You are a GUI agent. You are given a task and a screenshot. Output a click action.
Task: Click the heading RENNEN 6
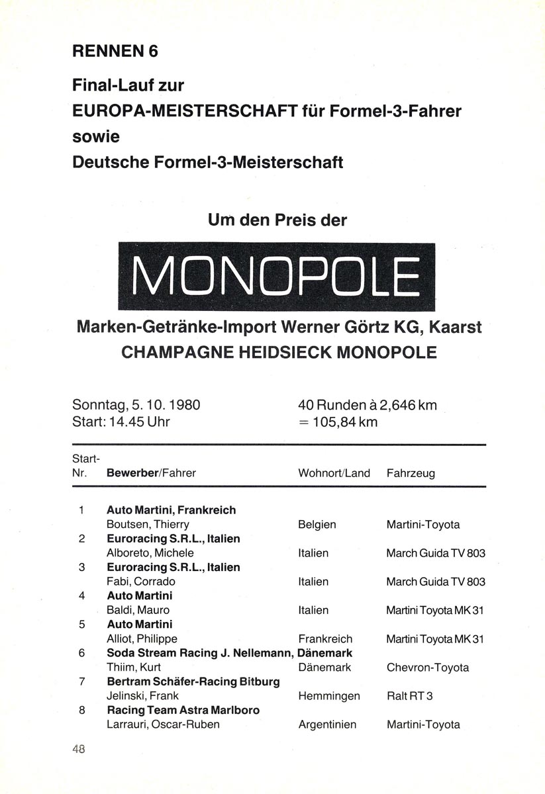(x=116, y=51)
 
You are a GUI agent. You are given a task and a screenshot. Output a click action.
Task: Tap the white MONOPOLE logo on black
(x=276, y=277)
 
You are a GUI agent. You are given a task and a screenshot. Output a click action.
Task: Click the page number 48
(x=79, y=750)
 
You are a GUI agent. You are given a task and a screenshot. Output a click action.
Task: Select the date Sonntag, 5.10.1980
(x=136, y=405)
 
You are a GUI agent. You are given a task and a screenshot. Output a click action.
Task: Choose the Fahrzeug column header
(x=411, y=474)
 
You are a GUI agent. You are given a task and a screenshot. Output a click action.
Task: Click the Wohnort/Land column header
(x=334, y=474)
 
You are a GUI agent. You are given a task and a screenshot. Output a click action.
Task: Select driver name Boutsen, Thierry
(x=148, y=525)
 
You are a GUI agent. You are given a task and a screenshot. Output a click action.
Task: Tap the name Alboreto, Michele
(x=150, y=553)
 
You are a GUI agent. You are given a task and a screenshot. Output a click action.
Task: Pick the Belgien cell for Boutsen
(x=317, y=525)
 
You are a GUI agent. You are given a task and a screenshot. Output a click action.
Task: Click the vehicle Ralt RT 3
(x=409, y=696)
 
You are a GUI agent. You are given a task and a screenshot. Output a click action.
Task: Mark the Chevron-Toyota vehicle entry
(x=428, y=668)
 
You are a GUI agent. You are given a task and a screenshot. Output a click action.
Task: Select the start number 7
(x=81, y=682)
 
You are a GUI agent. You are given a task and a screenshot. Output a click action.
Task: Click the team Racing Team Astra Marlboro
(x=183, y=710)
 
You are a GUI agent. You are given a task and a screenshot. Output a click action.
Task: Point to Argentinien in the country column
(x=327, y=725)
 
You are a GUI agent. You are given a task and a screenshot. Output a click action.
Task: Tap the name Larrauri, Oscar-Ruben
(x=163, y=725)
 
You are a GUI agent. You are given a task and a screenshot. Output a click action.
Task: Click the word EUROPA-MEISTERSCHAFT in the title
(x=183, y=110)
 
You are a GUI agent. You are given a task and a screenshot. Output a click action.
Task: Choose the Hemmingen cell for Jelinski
(x=329, y=696)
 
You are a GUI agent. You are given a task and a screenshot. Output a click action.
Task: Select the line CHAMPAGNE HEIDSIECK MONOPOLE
(x=279, y=352)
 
